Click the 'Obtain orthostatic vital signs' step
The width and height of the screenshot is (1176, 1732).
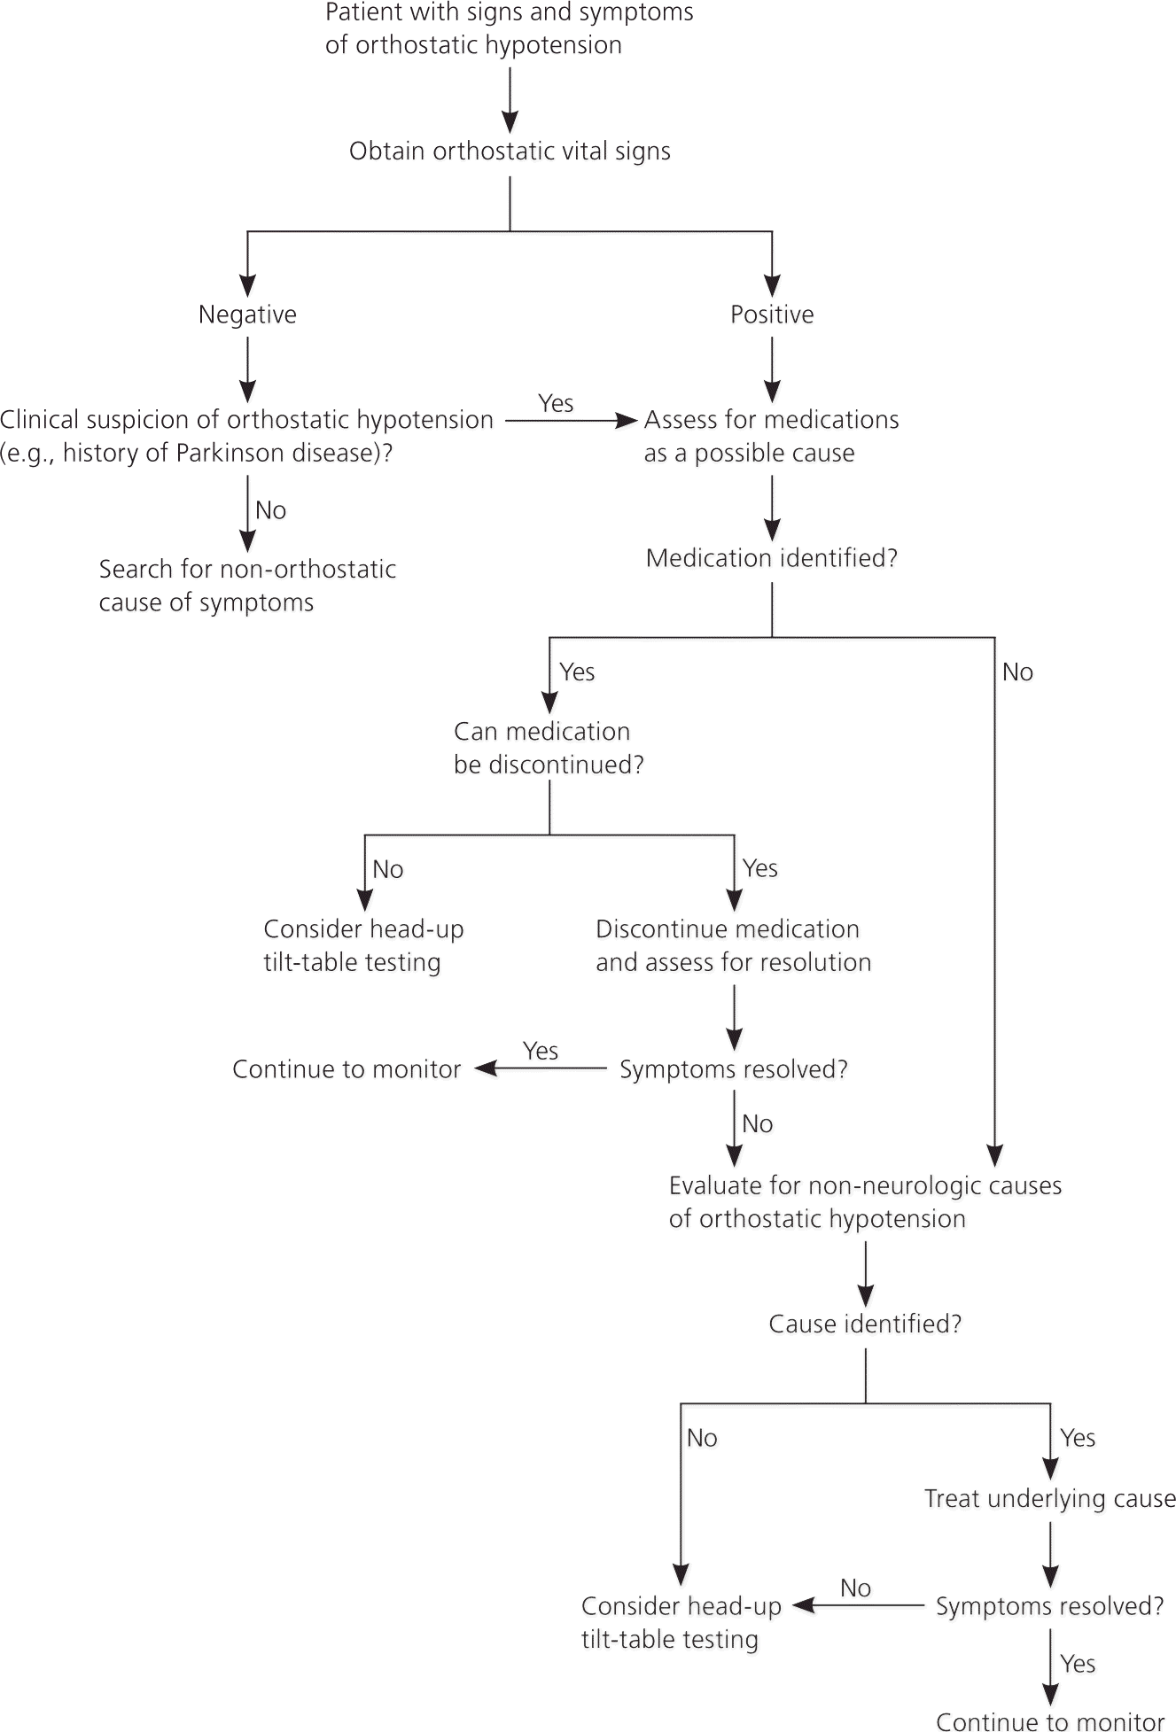pyautogui.click(x=510, y=151)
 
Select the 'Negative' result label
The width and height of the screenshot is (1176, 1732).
pyautogui.click(x=247, y=315)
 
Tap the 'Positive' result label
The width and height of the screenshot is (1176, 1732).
pyautogui.click(x=772, y=315)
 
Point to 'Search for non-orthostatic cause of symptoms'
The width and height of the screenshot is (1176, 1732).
pyautogui.click(x=247, y=586)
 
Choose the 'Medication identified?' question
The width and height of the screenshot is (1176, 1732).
pyautogui.click(x=772, y=558)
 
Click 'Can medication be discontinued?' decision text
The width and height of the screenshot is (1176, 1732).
pyautogui.click(x=549, y=748)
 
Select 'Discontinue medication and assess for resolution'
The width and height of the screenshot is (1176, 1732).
pyautogui.click(x=733, y=945)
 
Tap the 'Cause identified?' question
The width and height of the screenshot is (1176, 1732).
pyautogui.click(x=865, y=1324)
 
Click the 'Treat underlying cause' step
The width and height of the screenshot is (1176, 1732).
pyautogui.click(x=1050, y=1498)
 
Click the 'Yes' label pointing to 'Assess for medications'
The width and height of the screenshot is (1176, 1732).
pyautogui.click(x=556, y=403)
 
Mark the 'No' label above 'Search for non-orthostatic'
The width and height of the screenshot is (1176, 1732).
pyautogui.click(x=270, y=510)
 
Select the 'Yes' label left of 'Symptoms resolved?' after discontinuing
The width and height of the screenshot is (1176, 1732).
pyautogui.click(x=541, y=1051)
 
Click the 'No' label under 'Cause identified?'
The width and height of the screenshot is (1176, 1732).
pyautogui.click(x=702, y=1438)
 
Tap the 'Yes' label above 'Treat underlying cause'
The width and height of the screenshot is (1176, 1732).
pyautogui.click(x=1078, y=1438)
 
